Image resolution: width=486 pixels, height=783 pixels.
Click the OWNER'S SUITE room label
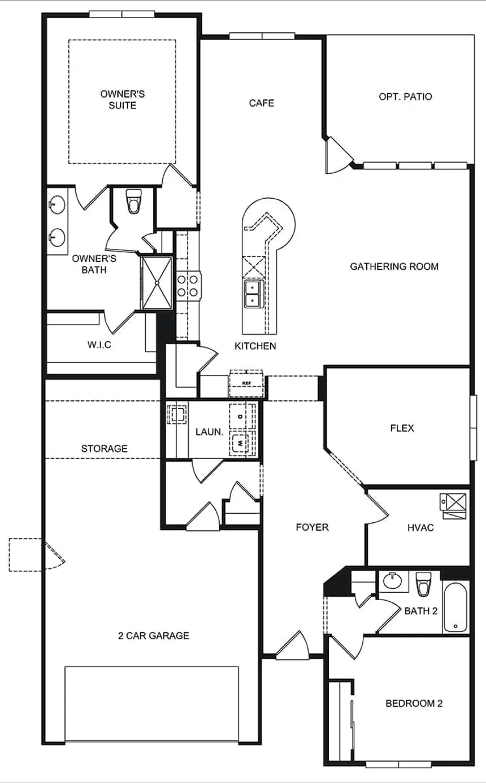[x=123, y=99]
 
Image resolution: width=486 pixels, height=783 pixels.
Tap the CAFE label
[x=262, y=103]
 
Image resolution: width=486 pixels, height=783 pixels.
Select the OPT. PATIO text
[x=405, y=97]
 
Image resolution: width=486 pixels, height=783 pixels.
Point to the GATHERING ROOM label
[x=394, y=266]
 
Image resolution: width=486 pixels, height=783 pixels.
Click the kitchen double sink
[x=252, y=294]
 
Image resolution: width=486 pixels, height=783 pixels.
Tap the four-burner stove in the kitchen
[x=188, y=285]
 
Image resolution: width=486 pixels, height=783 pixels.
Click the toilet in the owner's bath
[x=133, y=202]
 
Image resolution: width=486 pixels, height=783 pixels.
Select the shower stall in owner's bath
[x=157, y=282]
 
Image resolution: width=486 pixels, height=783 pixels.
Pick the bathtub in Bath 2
[x=455, y=607]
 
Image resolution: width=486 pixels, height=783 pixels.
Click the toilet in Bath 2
[x=423, y=583]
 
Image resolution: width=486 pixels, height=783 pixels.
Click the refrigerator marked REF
[x=246, y=383]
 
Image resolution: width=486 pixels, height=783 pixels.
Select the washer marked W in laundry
[x=241, y=444]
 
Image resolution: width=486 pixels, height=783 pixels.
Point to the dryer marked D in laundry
[x=241, y=416]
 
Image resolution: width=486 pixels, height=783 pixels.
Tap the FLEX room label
[x=402, y=428]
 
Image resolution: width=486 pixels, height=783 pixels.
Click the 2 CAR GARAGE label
[x=153, y=636]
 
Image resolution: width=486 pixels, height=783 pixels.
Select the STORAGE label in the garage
[x=104, y=449]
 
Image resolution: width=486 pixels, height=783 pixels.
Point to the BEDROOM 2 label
[x=414, y=703]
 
